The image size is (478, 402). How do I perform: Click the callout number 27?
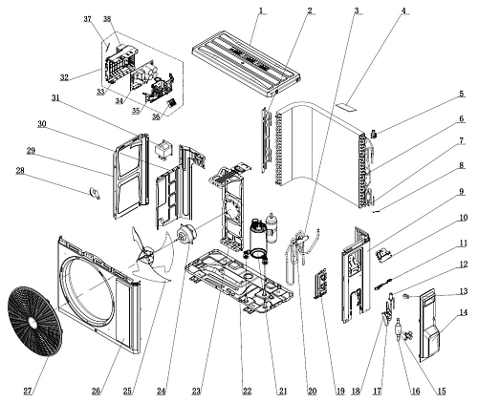28,391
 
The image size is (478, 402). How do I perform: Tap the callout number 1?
261,11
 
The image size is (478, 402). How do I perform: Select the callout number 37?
88,19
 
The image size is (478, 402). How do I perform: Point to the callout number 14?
464,312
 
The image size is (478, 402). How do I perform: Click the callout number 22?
247,391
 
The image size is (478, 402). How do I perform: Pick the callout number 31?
55,98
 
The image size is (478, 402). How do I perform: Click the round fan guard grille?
34,322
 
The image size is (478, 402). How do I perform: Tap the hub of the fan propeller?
146,256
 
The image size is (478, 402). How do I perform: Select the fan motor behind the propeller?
187,235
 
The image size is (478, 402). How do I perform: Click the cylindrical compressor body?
258,237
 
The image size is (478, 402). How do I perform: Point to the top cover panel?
247,62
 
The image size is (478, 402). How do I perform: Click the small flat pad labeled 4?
346,107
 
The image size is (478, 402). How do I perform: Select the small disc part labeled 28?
95,193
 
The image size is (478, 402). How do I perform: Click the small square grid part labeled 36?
172,103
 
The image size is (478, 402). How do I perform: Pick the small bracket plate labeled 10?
383,256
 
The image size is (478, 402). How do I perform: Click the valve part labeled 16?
399,328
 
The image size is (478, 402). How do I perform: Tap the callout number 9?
462,192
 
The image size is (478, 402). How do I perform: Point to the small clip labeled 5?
375,134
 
